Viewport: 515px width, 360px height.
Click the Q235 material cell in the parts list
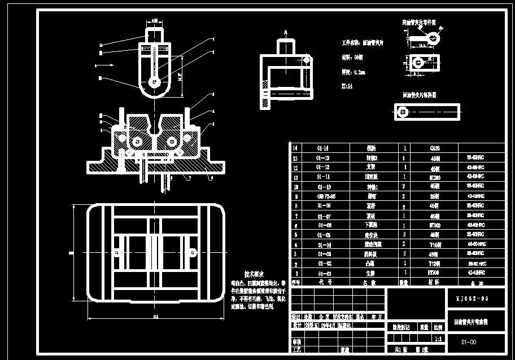(x=435, y=148)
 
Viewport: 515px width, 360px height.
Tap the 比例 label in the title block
(x=438, y=327)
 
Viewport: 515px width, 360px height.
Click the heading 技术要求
(x=255, y=273)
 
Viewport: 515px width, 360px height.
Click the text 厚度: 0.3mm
(x=354, y=72)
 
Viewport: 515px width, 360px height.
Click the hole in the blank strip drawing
(x=403, y=112)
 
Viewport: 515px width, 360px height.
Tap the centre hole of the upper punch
(x=154, y=82)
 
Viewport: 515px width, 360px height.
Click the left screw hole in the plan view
(x=117, y=252)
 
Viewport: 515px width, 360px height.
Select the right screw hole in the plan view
(x=193, y=252)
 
